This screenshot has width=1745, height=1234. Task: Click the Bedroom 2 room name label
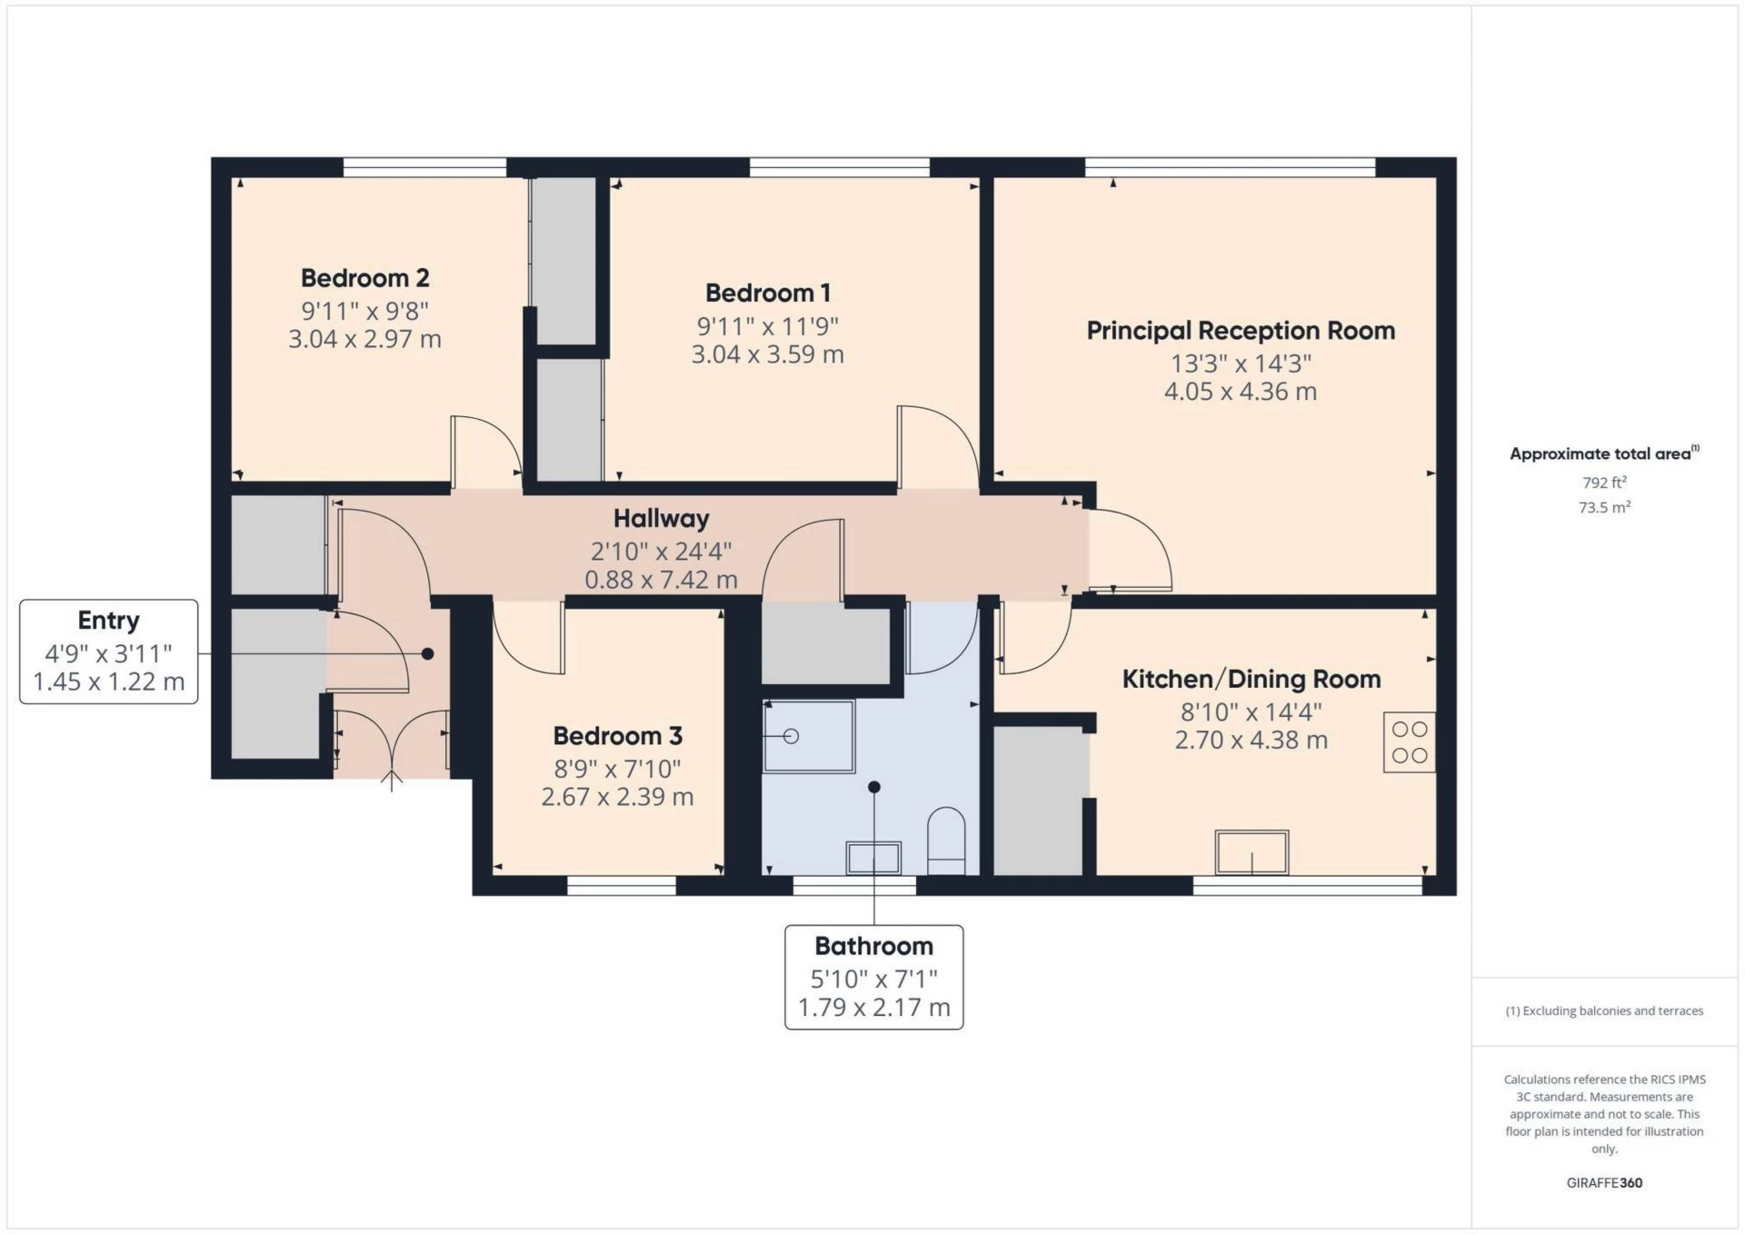click(x=364, y=278)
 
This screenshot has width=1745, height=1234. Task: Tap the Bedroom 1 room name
click(x=767, y=294)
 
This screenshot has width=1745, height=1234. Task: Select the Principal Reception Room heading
click(x=1241, y=331)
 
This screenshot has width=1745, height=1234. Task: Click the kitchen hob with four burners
click(x=1409, y=742)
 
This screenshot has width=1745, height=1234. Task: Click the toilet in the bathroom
click(x=946, y=841)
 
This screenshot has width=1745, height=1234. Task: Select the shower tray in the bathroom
click(x=808, y=736)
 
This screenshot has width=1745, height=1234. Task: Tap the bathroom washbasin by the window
click(x=872, y=858)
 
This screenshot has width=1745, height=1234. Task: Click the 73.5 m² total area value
click(x=1604, y=508)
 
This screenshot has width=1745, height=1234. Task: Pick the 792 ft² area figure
click(x=1604, y=483)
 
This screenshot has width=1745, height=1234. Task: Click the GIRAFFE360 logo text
click(x=1604, y=1183)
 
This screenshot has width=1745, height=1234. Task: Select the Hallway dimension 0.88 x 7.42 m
click(x=661, y=580)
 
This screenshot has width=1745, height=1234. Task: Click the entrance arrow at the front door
click(x=392, y=781)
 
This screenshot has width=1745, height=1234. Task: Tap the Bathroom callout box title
click(x=873, y=947)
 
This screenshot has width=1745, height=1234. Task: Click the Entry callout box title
click(x=108, y=621)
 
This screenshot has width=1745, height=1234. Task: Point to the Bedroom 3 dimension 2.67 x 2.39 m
click(x=617, y=797)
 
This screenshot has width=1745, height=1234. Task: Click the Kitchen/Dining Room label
click(x=1251, y=680)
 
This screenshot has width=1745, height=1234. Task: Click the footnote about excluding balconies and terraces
click(x=1604, y=1011)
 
